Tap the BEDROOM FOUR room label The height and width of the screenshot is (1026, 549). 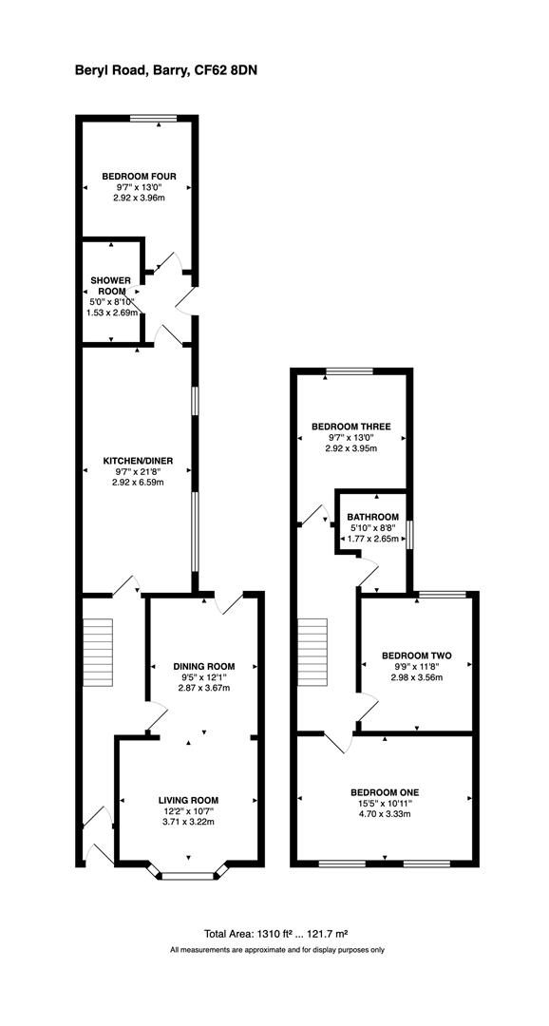pos(138,176)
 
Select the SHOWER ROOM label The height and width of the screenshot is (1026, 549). pos(111,286)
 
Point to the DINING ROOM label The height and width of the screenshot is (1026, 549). pos(203,666)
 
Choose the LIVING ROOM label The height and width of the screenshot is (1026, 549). pos(188,801)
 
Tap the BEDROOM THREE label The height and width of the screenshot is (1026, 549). pos(351,427)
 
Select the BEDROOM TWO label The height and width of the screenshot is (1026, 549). pos(416,655)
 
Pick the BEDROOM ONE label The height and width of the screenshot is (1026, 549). pos(385,792)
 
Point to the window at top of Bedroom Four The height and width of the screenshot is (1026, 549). pos(154,118)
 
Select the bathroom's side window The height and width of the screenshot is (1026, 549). pos(410,534)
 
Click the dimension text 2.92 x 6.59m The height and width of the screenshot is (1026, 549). pos(138,483)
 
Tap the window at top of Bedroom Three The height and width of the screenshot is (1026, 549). pos(350,371)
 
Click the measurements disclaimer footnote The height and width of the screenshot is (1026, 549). pos(277,950)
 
